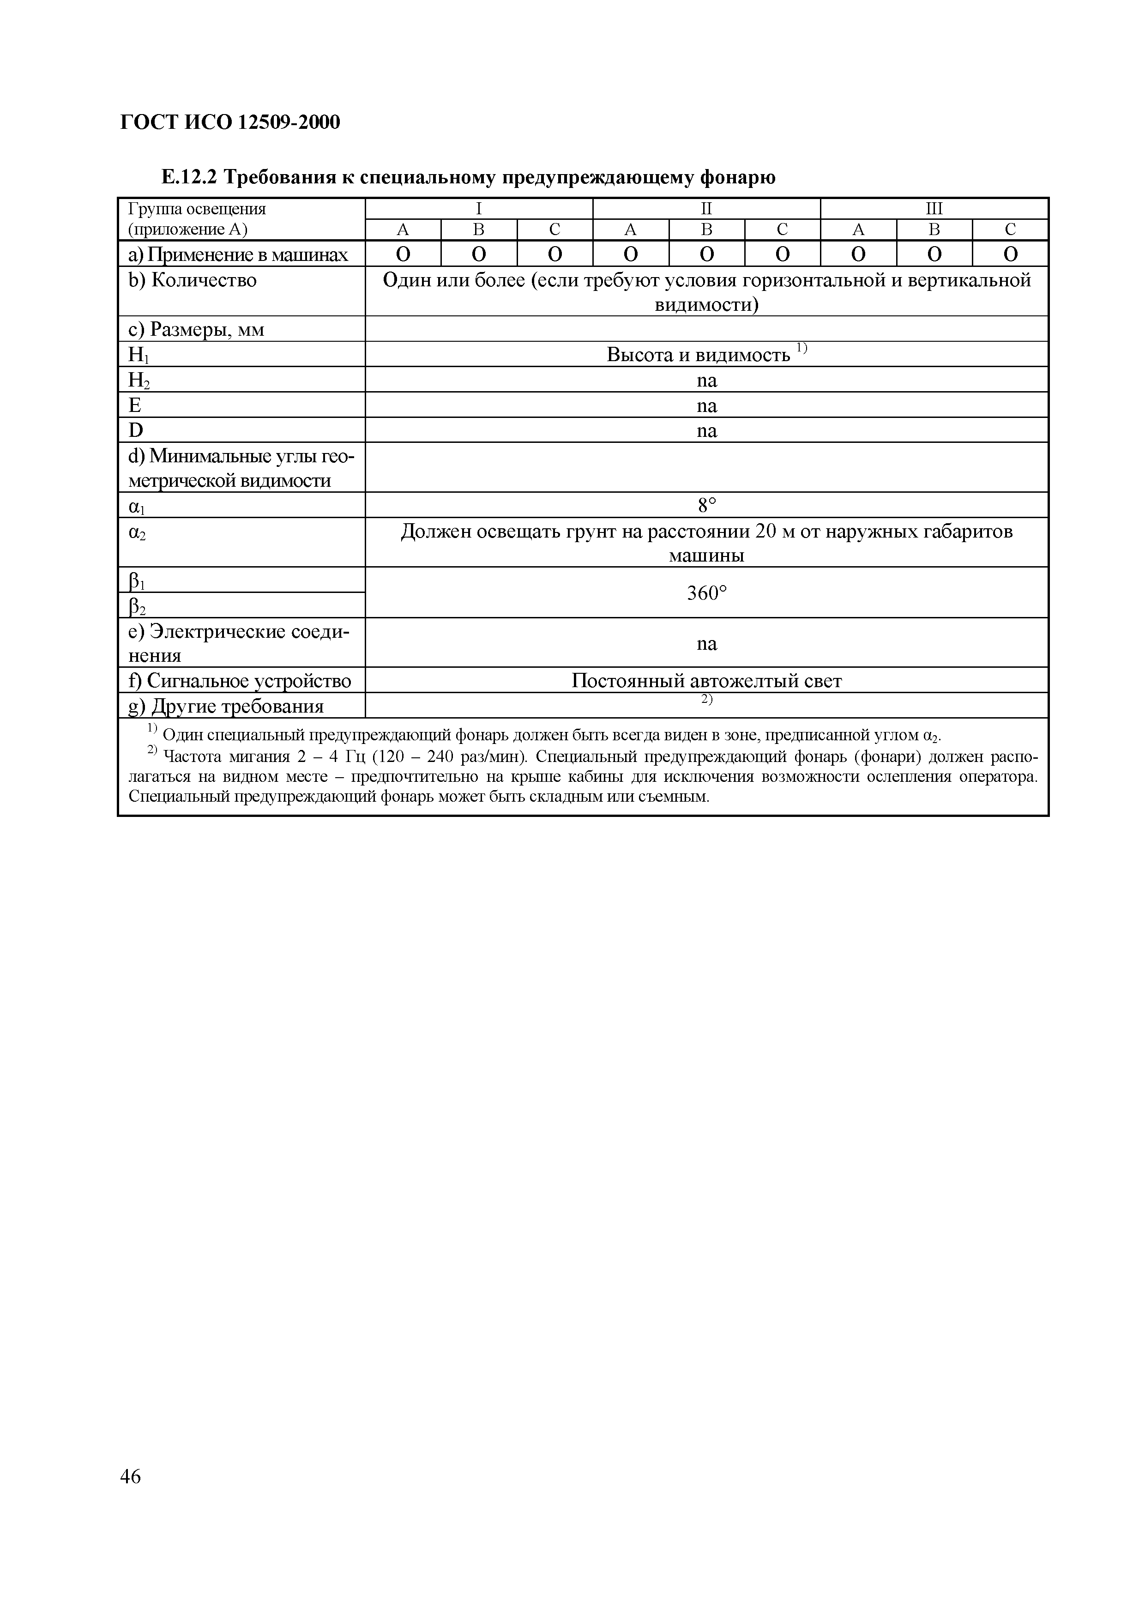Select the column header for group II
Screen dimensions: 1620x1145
click(x=706, y=209)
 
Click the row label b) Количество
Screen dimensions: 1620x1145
click(x=193, y=281)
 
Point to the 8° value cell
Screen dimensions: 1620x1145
click(x=706, y=505)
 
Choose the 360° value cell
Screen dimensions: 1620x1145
click(x=706, y=593)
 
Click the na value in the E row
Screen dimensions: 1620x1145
click(x=706, y=406)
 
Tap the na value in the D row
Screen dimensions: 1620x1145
click(x=706, y=430)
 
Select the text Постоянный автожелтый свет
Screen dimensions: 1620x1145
click(x=706, y=681)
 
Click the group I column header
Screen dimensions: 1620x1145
click(x=479, y=209)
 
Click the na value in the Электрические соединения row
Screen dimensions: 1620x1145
click(x=706, y=643)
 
